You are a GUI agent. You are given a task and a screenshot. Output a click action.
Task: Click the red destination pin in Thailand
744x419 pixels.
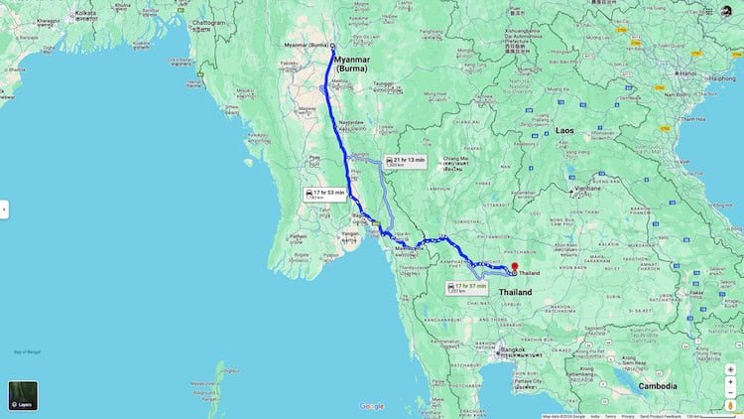coord(513,268)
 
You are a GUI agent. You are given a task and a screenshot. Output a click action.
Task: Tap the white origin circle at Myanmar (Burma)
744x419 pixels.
coord(332,46)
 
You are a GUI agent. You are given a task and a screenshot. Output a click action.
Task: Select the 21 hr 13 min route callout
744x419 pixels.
coord(406,162)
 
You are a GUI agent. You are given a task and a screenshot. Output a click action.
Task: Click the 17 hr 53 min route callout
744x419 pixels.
coord(326,194)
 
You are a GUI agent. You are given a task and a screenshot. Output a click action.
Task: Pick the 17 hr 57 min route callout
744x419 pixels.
coord(463,287)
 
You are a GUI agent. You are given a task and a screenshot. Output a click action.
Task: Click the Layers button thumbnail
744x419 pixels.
coord(23,395)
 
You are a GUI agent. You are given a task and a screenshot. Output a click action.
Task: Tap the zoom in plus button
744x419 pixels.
coord(730,369)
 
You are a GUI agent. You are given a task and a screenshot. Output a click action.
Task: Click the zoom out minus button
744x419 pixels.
coord(730,385)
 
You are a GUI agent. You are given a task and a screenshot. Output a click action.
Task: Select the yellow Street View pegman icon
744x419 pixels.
coord(730,404)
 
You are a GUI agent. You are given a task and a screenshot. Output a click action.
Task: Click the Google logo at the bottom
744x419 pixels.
coord(372,406)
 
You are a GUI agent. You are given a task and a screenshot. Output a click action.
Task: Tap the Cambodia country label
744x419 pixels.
coord(658,386)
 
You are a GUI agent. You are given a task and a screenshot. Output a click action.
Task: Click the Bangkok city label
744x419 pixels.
coord(511,349)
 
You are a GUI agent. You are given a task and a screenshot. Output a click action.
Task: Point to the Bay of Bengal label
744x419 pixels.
coord(26,352)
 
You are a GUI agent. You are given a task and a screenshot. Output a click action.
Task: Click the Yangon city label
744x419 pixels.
coord(351,234)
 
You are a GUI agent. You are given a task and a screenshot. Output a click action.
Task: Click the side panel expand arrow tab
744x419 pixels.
coord(3,209)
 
